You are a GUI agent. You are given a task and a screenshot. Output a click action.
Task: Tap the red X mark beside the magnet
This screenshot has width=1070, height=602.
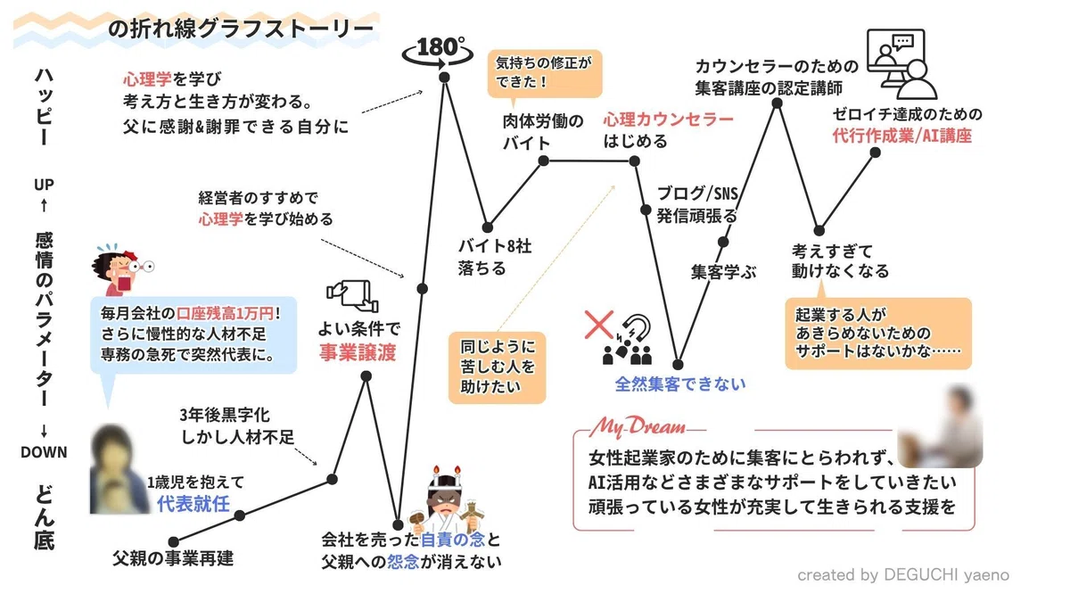click(x=599, y=325)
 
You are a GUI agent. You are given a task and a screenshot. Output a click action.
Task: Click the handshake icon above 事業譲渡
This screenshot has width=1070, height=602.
click(x=353, y=296)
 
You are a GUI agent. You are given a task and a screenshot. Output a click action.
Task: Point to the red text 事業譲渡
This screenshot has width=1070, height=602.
click(x=358, y=352)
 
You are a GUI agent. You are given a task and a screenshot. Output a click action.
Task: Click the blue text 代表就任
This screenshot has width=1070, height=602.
click(x=193, y=504)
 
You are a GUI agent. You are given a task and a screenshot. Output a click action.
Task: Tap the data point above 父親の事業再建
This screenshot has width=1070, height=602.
click(x=174, y=542)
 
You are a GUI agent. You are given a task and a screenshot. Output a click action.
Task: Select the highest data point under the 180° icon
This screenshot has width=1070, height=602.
click(x=444, y=77)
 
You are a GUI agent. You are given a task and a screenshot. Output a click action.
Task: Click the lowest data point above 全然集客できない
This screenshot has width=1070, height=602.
click(x=678, y=365)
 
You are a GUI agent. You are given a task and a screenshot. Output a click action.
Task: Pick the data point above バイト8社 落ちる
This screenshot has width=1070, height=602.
click(x=487, y=227)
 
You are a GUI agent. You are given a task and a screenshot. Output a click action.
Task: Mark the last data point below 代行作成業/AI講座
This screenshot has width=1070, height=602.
click(x=875, y=153)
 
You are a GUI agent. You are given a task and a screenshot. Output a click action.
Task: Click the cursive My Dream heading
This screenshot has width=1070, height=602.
click(x=638, y=426)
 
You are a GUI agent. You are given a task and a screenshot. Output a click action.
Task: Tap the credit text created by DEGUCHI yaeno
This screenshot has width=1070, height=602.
click(x=903, y=574)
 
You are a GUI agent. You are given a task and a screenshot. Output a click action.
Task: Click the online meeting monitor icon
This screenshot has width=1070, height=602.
click(x=901, y=64)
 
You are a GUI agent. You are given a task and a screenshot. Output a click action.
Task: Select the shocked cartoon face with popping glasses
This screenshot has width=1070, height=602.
click(x=122, y=270)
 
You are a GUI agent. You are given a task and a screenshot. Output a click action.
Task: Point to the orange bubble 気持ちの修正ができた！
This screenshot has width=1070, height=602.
click(x=545, y=73)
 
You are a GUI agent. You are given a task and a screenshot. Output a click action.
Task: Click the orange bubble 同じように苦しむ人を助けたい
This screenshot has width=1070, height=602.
click(x=498, y=367)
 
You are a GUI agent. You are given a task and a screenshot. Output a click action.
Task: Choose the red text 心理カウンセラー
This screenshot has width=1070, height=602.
click(x=668, y=119)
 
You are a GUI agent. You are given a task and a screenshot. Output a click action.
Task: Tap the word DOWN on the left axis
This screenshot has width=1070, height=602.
click(x=44, y=452)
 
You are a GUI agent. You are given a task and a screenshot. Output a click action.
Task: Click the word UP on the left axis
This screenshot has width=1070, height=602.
click(x=44, y=185)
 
